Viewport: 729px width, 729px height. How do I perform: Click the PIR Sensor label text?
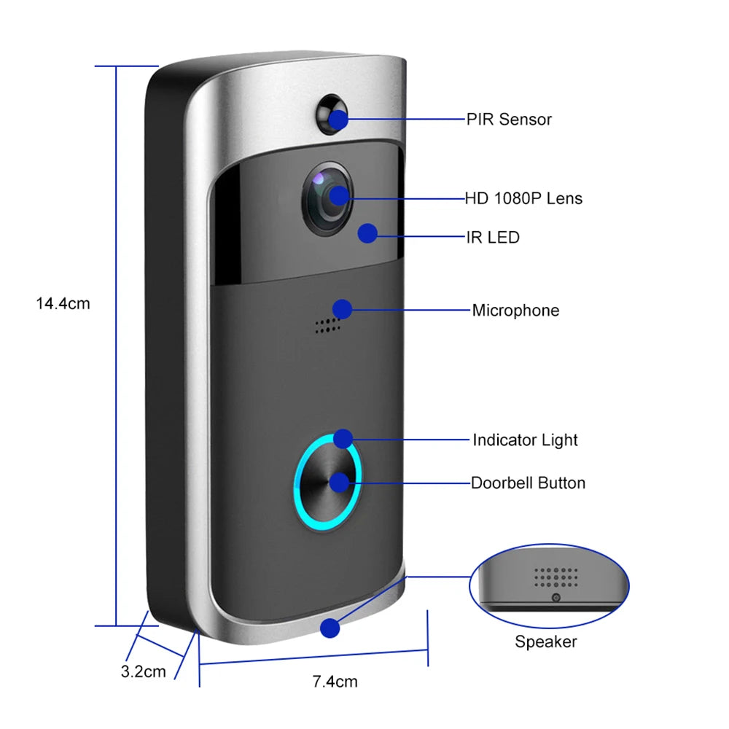coord(509,120)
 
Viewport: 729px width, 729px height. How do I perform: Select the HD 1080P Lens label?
coord(523,198)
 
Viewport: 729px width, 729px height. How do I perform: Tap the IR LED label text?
coord(492,237)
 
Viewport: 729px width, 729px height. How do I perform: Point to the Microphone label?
coord(515,311)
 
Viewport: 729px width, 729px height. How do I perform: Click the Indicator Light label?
coord(525,440)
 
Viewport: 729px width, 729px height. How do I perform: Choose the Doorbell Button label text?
coord(528,483)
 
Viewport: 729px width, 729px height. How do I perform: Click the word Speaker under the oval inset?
coord(545,642)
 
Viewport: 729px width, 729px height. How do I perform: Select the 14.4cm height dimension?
coord(63,303)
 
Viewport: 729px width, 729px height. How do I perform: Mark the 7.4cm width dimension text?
coord(335,682)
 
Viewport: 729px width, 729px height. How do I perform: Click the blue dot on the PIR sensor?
coord(337,119)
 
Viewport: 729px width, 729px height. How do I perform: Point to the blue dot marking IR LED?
coord(368,233)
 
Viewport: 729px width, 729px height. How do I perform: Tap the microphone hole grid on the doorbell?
coord(327,326)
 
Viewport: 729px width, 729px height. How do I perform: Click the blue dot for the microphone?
coord(342,309)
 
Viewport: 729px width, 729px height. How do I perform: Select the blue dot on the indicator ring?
coord(343,439)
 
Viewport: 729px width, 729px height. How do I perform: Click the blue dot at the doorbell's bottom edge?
coord(330,628)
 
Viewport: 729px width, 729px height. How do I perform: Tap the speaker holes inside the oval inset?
coord(555,577)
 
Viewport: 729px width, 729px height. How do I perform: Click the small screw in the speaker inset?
coord(555,598)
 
